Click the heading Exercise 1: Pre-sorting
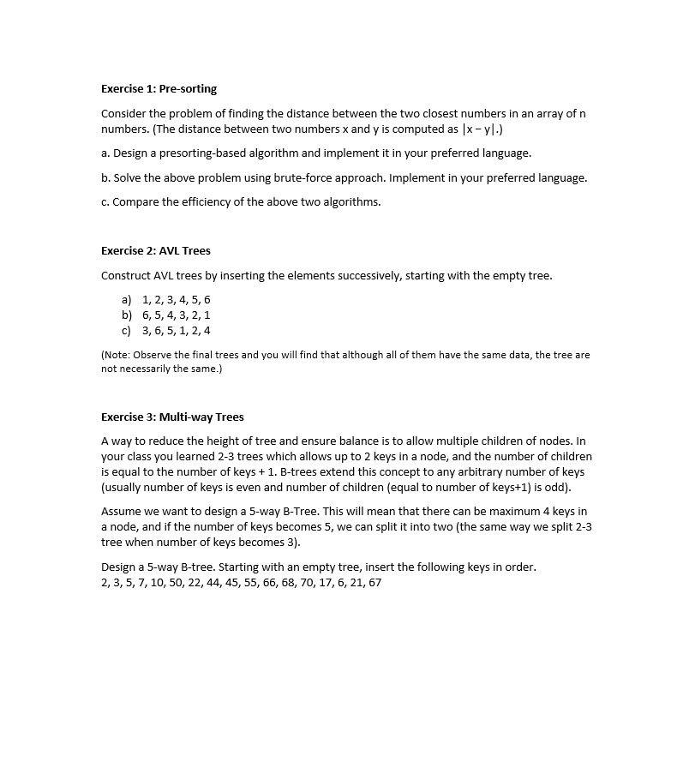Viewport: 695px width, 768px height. coord(159,88)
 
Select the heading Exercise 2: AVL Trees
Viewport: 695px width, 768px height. coord(155,250)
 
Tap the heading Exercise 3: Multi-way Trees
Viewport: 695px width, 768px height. coord(172,417)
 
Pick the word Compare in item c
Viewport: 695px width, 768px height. coord(135,202)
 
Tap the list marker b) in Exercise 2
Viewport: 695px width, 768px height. coord(127,315)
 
